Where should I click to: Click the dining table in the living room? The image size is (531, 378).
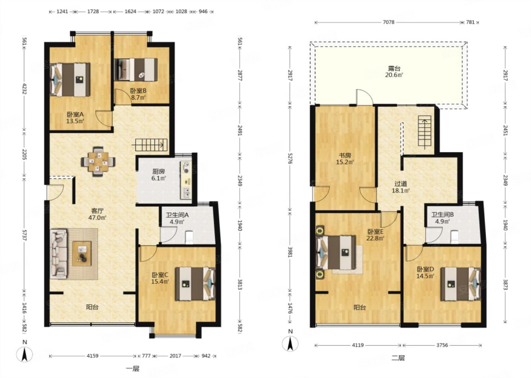coord(98,162)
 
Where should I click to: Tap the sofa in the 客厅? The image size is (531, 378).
coord(58,254)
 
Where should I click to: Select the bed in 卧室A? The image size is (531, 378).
coord(70,79)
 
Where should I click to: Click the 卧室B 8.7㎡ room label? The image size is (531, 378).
coord(138,94)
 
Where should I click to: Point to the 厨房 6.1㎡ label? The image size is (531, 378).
coord(158,175)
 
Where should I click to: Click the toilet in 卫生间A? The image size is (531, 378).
coord(190,237)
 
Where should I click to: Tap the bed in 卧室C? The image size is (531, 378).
coord(195,284)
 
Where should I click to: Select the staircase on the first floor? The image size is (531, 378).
coord(151,145)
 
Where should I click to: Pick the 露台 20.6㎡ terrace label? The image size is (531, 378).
coord(394,72)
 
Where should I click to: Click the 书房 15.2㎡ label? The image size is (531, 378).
coord(345,159)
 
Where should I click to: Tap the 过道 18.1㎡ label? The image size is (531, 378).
coord(400,187)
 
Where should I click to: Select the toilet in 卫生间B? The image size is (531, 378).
coord(454,237)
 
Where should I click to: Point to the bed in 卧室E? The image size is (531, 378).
coord(336,253)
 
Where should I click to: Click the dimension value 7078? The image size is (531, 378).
coord(389,22)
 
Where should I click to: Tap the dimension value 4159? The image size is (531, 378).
coord(93,356)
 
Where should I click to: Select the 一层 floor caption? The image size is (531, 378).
coord(132,368)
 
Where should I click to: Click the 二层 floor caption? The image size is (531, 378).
coord(398,358)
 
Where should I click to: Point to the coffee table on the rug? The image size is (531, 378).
coord(82,254)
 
